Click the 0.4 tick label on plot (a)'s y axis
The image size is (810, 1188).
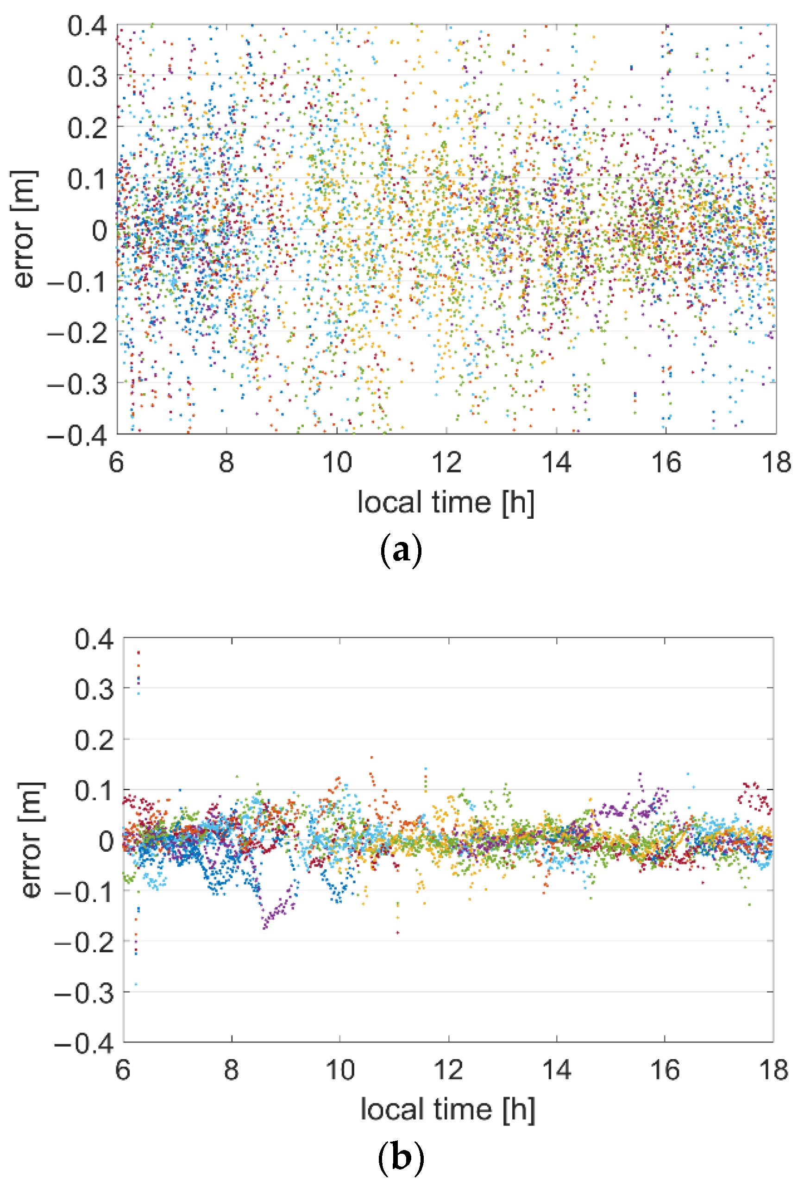click(87, 25)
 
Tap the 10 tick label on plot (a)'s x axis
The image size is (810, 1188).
click(337, 462)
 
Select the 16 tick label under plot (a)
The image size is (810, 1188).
click(666, 462)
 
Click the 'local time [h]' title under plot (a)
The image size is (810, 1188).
click(446, 503)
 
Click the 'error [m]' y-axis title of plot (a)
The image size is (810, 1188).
click(24, 230)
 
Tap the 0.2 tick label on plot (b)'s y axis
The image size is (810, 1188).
click(94, 740)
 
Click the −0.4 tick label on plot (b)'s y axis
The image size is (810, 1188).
click(84, 1043)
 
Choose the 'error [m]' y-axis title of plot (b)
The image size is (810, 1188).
click(31, 840)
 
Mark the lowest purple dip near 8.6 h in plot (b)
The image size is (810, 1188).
click(265, 928)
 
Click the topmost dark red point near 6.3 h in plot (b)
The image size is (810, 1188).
click(138, 653)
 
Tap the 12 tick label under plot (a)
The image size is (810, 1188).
click(446, 462)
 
